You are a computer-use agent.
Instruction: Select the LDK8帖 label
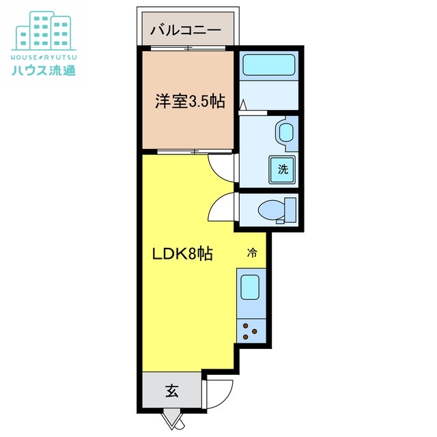[x=182, y=255]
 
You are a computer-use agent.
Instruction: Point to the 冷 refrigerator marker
[x=252, y=253]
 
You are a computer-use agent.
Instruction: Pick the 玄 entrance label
[x=171, y=392]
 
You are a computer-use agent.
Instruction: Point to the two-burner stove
[x=251, y=332]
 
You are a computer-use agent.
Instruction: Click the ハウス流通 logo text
[x=44, y=70]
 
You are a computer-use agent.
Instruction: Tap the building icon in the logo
[x=43, y=28]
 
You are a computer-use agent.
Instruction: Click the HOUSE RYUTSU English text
[x=44, y=55]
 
